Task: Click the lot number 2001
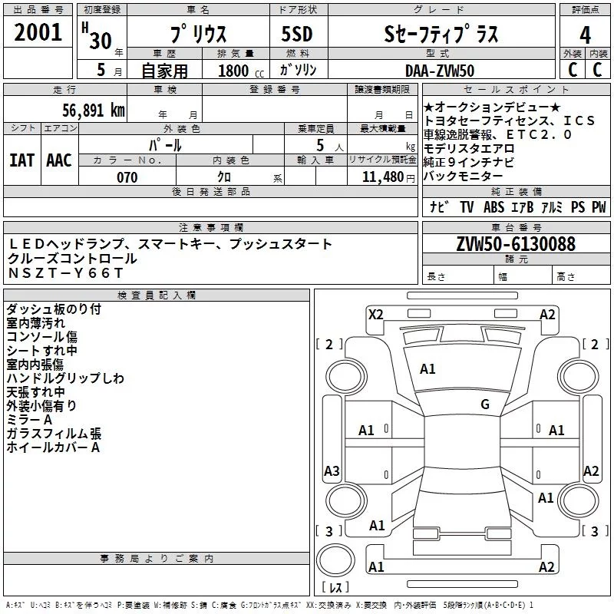[38, 32]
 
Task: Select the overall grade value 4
[585, 35]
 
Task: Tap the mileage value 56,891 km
[94, 111]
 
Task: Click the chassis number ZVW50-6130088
[516, 243]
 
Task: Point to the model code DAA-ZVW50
[440, 71]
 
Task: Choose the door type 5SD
[297, 34]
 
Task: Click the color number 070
[127, 177]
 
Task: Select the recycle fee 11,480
[382, 177]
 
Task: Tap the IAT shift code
[21, 160]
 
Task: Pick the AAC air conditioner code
[59, 160]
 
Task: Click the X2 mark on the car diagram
[375, 315]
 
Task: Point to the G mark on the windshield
[485, 404]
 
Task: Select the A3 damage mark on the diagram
[332, 470]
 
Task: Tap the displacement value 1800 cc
[241, 71]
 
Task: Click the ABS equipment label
[494, 206]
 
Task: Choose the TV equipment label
[467, 206]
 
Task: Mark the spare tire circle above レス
[335, 560]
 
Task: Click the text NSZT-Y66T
[66, 272]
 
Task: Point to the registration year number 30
[101, 41]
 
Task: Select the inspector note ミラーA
[29, 420]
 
